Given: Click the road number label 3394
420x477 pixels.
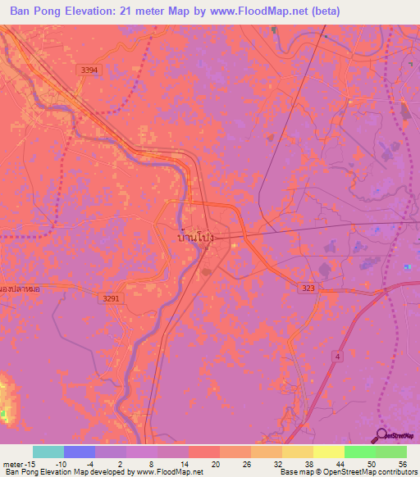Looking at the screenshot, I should [x=89, y=71].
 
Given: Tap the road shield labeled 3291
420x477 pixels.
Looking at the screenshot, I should [x=112, y=298].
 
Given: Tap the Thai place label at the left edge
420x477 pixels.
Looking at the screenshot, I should [x=21, y=289].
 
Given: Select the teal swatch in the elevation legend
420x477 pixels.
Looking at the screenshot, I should [x=48, y=452].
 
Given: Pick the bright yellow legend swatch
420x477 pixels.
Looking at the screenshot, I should [x=329, y=452].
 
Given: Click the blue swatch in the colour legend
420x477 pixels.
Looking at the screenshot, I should [x=80, y=452].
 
